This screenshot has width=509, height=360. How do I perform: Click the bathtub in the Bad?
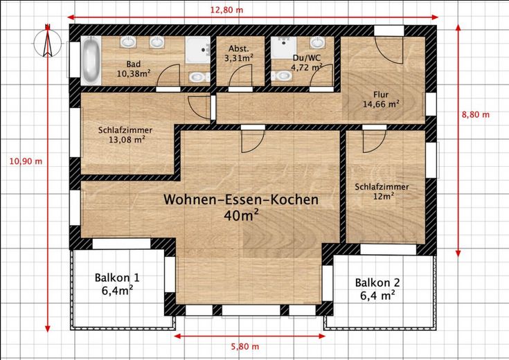[91, 61]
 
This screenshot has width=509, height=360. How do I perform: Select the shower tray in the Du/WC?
[284, 47]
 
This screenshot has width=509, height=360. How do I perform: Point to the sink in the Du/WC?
[317, 42]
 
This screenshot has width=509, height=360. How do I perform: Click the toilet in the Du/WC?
[281, 75]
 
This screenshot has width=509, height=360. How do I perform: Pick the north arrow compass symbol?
[48, 42]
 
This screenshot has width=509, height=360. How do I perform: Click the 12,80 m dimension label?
[226, 10]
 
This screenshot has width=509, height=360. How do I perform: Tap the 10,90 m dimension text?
[26, 161]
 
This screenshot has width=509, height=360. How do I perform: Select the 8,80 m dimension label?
[476, 115]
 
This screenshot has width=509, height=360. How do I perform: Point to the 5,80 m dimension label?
[245, 347]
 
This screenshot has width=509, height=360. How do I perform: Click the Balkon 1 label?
[117, 278]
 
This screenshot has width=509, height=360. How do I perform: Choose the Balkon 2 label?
[377, 282]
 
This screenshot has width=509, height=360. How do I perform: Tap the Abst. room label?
[239, 48]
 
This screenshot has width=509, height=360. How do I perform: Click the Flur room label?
[381, 94]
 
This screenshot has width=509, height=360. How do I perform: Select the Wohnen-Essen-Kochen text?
[241, 199]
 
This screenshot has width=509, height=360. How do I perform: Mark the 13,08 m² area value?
[127, 140]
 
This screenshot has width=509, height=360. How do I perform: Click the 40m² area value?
[241, 215]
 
